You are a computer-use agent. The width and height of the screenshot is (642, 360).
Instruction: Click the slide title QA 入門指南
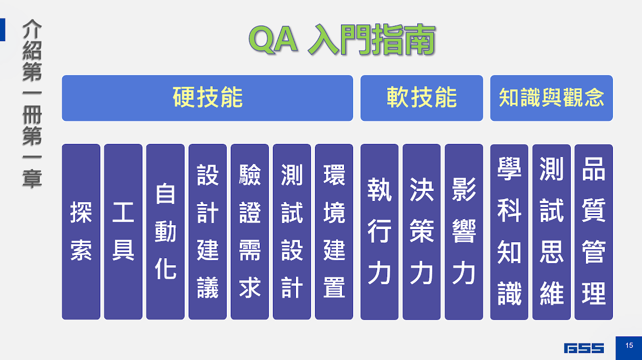coord(343,40)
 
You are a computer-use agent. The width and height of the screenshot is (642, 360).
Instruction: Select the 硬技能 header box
coord(207,98)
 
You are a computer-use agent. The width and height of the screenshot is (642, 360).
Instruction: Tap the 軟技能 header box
coord(422,98)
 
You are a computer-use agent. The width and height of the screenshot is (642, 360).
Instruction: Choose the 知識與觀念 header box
coord(551,98)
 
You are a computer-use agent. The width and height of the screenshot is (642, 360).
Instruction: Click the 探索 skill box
coord(81,232)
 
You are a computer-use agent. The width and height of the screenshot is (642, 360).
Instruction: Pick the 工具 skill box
coord(123,232)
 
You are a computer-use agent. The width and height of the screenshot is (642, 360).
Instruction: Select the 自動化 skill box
coord(166,232)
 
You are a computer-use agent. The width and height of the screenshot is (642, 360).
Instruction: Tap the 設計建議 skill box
coord(208,232)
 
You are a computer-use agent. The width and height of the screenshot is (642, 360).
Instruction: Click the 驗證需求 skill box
coord(250,232)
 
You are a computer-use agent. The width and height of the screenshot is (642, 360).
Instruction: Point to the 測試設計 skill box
coord(292,232)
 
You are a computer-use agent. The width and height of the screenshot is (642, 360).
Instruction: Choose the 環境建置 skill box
coord(334,232)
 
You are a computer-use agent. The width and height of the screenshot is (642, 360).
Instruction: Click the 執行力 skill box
coord(380,232)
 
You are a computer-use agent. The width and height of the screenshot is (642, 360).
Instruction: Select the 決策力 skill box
coord(422,232)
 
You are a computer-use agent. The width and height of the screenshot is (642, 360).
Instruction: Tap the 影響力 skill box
coord(464,232)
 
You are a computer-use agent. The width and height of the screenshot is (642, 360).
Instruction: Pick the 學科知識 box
coord(509,232)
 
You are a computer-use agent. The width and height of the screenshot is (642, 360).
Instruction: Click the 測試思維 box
coord(551,232)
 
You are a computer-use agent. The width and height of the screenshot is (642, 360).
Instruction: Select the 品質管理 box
coord(593,232)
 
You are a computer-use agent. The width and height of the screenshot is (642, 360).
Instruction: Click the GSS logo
coord(584,348)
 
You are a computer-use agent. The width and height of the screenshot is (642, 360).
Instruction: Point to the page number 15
coord(629,345)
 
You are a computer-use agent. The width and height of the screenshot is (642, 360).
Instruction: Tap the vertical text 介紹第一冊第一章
coord(32,104)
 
